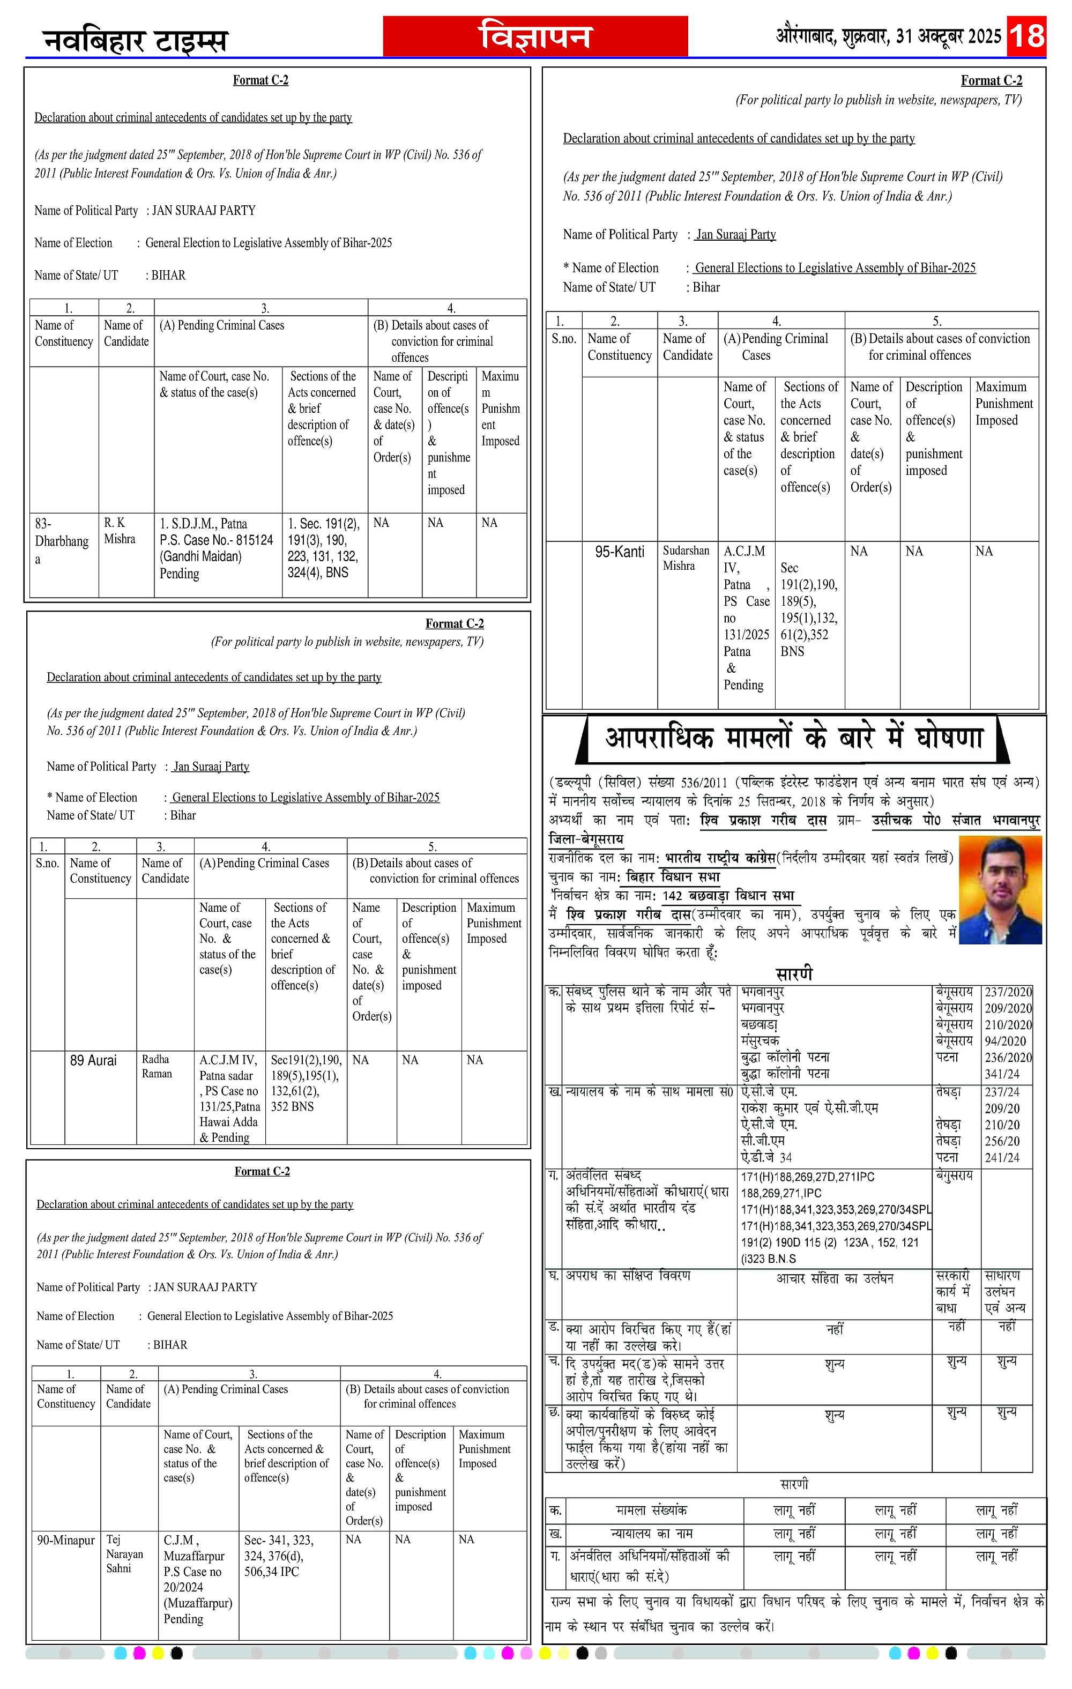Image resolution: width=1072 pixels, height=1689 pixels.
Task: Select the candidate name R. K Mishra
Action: [x=120, y=531]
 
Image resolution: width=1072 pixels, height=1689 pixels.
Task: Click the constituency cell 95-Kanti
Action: [x=620, y=552]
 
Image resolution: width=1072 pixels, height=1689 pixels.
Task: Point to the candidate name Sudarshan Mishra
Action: [x=686, y=559]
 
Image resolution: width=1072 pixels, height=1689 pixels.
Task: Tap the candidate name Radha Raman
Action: [x=157, y=1066]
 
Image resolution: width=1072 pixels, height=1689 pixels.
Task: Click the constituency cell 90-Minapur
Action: [x=66, y=1541]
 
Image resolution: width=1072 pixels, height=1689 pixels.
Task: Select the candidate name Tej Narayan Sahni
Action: [x=124, y=1553]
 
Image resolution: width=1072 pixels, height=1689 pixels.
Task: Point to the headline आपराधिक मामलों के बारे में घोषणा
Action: [x=793, y=739]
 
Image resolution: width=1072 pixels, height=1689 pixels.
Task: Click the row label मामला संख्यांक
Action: [x=651, y=1510]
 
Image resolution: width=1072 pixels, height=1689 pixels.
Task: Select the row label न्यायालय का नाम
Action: [x=651, y=1534]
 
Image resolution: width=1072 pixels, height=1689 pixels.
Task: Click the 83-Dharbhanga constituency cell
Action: [x=62, y=541]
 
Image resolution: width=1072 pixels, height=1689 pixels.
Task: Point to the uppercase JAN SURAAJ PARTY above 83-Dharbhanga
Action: [x=204, y=211]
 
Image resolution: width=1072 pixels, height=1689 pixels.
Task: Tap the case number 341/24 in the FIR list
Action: [x=1002, y=1074]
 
